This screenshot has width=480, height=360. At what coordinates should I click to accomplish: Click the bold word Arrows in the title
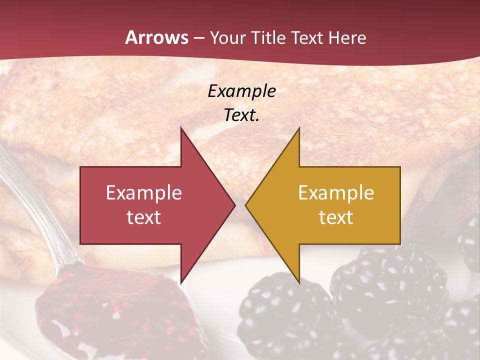[157, 37]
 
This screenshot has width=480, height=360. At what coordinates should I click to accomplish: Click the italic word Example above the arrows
[242, 91]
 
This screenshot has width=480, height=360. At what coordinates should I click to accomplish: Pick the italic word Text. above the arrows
[242, 115]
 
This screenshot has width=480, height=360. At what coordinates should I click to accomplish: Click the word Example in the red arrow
[144, 193]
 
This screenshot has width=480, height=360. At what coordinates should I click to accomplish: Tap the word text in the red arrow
[144, 217]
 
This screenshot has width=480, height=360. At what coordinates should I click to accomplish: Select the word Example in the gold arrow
[336, 193]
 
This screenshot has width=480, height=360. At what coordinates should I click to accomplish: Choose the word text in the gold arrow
[336, 217]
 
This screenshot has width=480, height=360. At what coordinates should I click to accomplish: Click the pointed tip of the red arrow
[234, 205]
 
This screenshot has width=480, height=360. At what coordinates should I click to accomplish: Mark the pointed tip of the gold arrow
[246, 205]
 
